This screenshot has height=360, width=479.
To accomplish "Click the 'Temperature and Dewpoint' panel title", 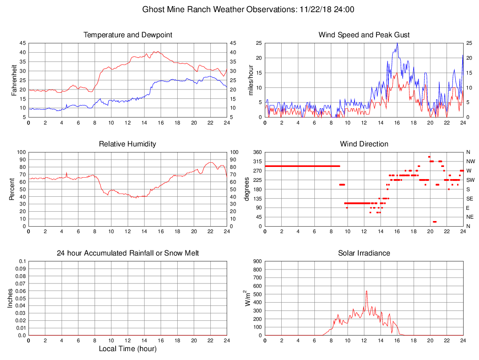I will (128, 35).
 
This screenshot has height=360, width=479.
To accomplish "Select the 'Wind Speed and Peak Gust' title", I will (364, 35).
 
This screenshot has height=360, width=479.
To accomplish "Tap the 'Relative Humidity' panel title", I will (128, 144).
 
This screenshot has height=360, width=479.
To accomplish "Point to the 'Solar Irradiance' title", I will (364, 253).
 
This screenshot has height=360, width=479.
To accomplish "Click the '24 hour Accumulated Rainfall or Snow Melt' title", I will (128, 253).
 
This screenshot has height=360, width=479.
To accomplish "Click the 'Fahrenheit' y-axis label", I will (14, 80).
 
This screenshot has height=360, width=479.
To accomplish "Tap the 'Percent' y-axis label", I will (13, 189).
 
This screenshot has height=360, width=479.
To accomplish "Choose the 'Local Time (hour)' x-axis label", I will (128, 348).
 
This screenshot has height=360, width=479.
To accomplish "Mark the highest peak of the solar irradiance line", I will (367, 291).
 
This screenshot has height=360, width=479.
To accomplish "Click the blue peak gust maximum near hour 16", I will (397, 43).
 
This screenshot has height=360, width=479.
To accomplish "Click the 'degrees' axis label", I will (247, 189).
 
